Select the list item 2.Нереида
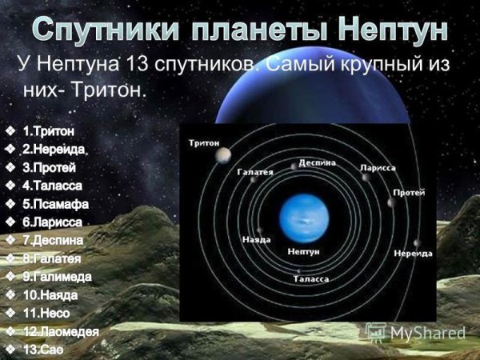tap(54, 149)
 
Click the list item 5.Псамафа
tap(55, 203)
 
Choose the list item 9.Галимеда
tap(57, 276)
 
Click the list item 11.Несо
tap(47, 313)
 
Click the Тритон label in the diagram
tap(206, 142)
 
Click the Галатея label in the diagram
tap(255, 170)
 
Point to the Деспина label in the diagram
tap(317, 161)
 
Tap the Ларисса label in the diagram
tap(377, 168)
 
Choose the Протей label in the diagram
tap(410, 193)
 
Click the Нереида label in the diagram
tap(413, 253)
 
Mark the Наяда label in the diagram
tap(256, 239)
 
